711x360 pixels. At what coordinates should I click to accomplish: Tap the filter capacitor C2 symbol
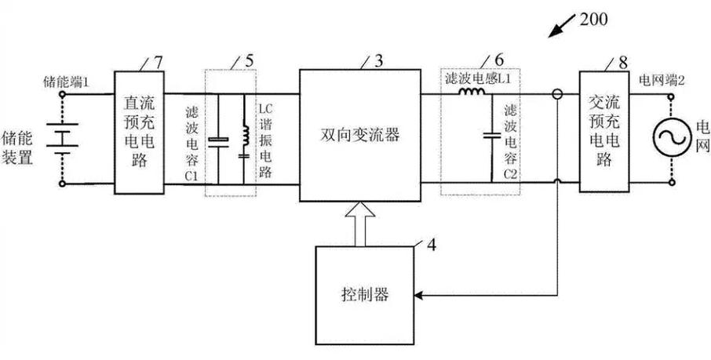coord(491,136)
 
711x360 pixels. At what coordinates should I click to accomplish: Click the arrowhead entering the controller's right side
coord(421,296)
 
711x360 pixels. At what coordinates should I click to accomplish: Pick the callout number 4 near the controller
coord(430,242)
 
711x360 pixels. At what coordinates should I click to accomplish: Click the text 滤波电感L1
coord(475,80)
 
